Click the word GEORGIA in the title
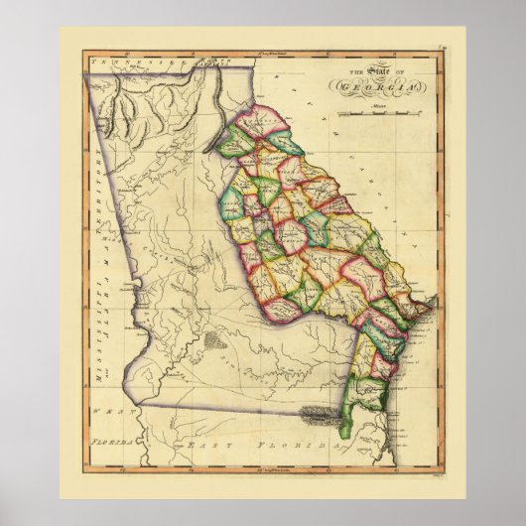pos(381,86)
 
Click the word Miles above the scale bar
pos(377,104)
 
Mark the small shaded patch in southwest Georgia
pos(215,342)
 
